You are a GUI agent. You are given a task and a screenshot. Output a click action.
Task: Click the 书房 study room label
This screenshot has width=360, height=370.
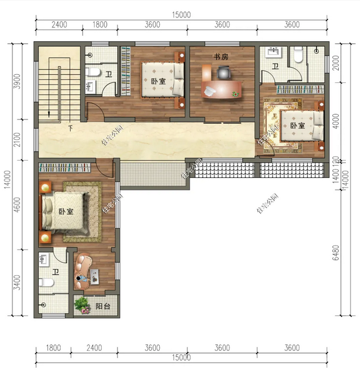220,56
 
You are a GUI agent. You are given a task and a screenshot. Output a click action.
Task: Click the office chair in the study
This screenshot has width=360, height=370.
224,73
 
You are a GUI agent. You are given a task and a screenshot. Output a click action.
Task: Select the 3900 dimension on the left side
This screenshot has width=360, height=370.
17,82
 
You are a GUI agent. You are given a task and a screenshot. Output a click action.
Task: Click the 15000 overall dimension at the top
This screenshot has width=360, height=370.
182,15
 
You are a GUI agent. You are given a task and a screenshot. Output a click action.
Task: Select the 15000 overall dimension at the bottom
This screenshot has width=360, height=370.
182,358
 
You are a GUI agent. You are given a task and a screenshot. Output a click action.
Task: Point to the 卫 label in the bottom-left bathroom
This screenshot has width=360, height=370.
55,272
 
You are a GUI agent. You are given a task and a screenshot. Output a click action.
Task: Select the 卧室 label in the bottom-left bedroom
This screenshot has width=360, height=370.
66,212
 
